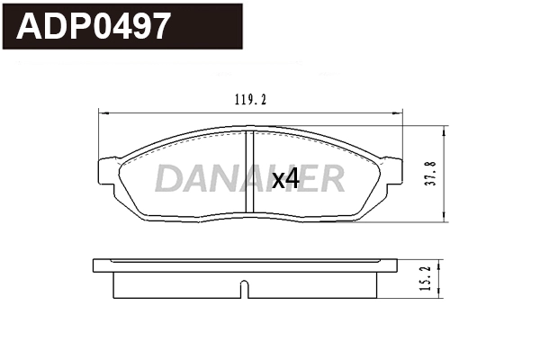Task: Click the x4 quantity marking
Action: click(285, 178)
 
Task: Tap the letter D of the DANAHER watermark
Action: click(169, 178)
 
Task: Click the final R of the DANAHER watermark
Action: click(332, 178)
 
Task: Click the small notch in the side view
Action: click(244, 290)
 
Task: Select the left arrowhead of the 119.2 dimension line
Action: click(102, 112)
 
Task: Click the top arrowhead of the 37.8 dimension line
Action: click(448, 128)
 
